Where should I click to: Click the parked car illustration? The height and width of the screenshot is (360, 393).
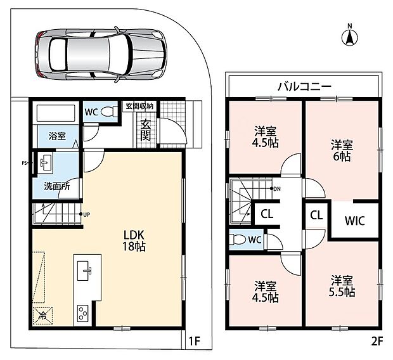tap(100, 55)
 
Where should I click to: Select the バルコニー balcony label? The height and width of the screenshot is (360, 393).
tap(304, 86)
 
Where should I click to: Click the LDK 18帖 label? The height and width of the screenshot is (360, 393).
tap(134, 241)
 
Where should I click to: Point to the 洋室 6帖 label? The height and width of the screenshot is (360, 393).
tap(342, 150)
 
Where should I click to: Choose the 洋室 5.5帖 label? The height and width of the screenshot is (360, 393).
tap(342, 286)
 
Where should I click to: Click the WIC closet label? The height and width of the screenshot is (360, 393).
tap(355, 221)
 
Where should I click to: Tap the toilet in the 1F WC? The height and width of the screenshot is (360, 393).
tap(110, 112)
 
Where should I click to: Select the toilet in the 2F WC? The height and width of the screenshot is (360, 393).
tap(237, 240)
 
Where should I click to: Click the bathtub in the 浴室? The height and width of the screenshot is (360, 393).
tap(56, 113)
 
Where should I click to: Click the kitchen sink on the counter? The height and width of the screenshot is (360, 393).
tap(83, 271)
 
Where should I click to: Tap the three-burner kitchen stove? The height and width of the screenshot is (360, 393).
tap(82, 313)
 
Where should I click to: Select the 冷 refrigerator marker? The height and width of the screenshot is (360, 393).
tap(42, 316)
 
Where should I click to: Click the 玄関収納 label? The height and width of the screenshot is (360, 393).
tap(139, 106)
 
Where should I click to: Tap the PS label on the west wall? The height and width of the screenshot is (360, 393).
tap(24, 163)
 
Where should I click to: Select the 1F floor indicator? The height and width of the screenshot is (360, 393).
tap(194, 341)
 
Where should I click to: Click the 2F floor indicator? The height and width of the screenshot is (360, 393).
tap(377, 341)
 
